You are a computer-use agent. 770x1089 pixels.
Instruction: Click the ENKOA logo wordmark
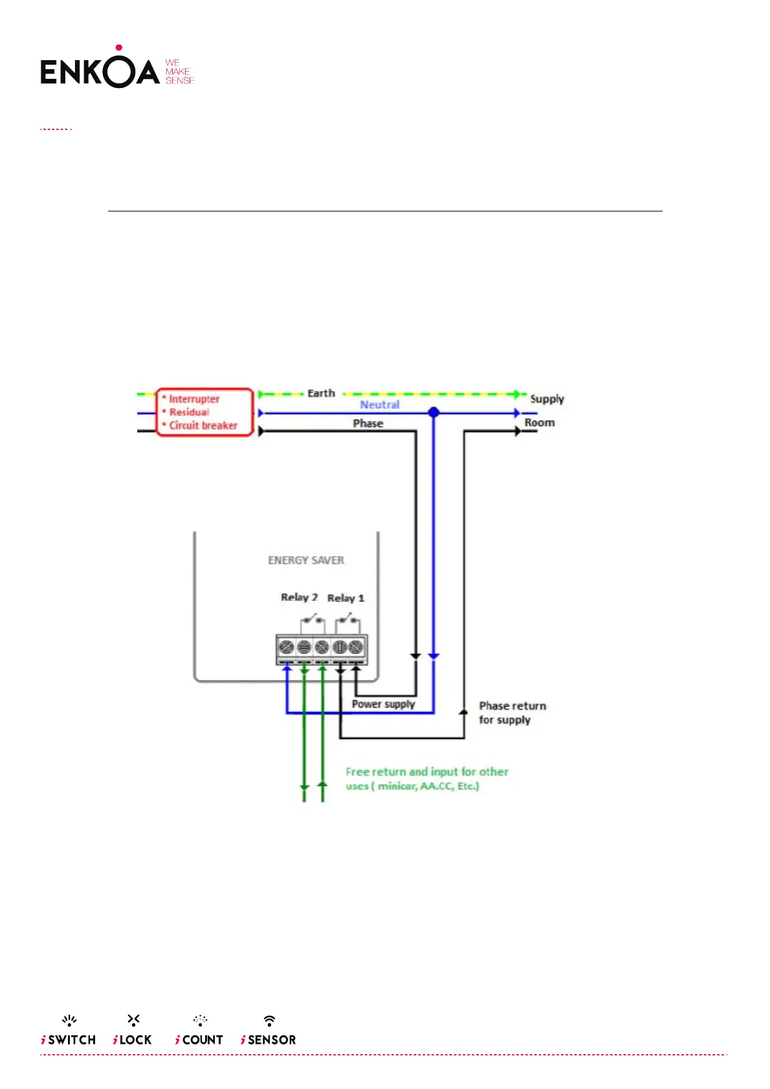tap(100, 71)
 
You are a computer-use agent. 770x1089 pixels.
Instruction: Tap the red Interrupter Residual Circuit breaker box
tap(204, 413)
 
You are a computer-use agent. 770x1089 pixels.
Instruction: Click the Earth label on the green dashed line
tap(321, 393)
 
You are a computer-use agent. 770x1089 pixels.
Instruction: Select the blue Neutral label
tap(380, 405)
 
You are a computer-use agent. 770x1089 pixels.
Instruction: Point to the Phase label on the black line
tap(368, 424)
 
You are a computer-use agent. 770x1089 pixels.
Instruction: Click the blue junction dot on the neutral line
tap(434, 412)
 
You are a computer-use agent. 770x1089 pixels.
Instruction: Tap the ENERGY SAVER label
tap(306, 560)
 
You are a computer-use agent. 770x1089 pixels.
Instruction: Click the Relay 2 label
tap(299, 598)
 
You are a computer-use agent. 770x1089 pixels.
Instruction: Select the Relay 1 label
tap(346, 598)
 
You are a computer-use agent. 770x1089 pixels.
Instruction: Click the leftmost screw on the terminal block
tap(286, 647)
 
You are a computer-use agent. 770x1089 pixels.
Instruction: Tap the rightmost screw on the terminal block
tap(356, 647)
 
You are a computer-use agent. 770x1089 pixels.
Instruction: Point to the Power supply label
tap(383, 704)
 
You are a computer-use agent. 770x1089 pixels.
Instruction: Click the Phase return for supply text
tap(512, 713)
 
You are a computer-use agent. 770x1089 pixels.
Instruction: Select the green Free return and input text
tap(426, 779)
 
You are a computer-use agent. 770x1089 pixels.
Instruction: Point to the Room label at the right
tap(540, 423)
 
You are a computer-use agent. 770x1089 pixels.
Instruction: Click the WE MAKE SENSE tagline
tap(179, 72)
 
